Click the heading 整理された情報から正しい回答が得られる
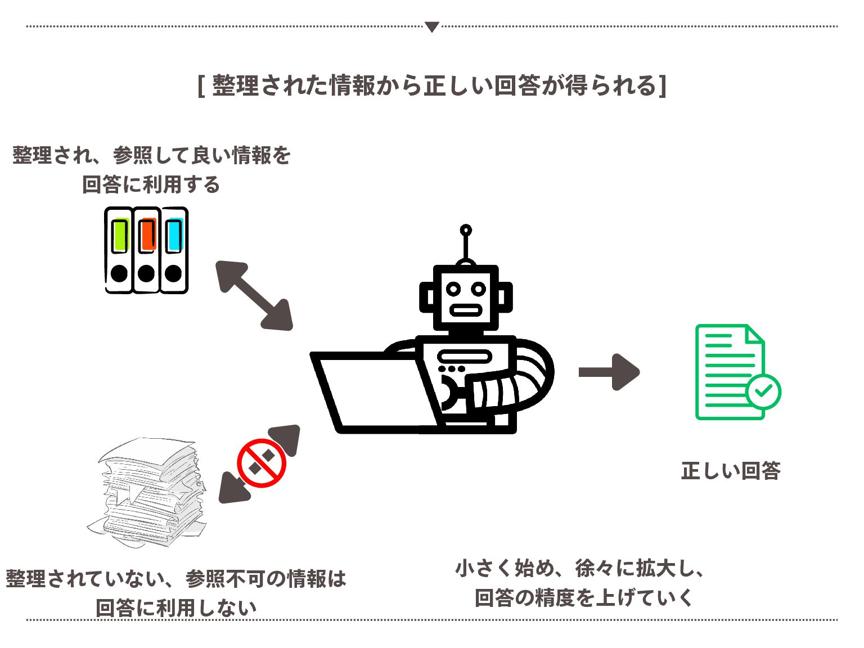[x=432, y=86]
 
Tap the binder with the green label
[x=119, y=250]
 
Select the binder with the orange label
[x=146, y=250]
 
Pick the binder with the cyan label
[x=174, y=250]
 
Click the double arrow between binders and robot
[x=254, y=295]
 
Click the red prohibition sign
[x=262, y=463]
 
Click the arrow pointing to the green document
[x=609, y=372]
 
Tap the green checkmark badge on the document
[x=763, y=391]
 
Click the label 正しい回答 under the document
[x=731, y=471]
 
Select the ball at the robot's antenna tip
[x=466, y=230]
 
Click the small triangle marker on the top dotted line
[x=431, y=26]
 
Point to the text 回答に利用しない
[x=176, y=607]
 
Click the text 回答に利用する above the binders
[x=151, y=184]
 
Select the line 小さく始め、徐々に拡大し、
[x=580, y=568]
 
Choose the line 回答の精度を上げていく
[x=584, y=597]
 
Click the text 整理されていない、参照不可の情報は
[x=176, y=578]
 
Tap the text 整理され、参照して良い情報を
[x=151, y=155]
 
